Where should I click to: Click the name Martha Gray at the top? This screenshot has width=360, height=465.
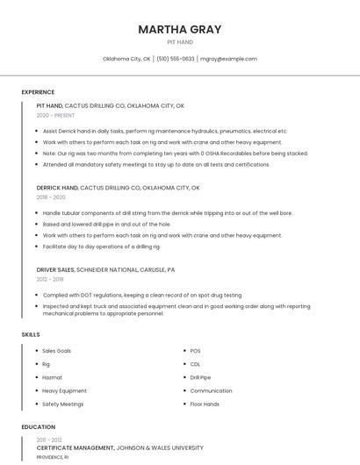179,30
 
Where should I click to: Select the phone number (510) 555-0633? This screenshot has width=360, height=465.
176,59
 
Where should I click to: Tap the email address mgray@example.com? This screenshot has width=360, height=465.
228,59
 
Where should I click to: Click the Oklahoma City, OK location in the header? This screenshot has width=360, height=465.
126,59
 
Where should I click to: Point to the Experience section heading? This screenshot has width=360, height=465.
38,92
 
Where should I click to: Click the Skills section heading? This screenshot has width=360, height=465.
31,334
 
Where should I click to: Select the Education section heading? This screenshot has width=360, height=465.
38,427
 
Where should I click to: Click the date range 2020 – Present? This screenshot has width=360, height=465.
55,115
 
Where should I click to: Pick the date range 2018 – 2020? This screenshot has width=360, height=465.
51,197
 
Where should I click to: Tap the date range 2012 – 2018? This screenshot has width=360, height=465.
50,279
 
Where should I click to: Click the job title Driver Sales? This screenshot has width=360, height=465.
55,270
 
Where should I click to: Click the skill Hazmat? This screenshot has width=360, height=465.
52,377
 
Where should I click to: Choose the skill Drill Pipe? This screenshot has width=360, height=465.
200,377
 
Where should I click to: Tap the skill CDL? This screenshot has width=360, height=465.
195,364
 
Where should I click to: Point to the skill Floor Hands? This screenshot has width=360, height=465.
205,404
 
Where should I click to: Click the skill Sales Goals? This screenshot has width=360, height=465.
57,351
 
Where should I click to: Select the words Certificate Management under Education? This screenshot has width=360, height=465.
76,447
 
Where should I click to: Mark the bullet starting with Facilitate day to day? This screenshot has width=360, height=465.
101,247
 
